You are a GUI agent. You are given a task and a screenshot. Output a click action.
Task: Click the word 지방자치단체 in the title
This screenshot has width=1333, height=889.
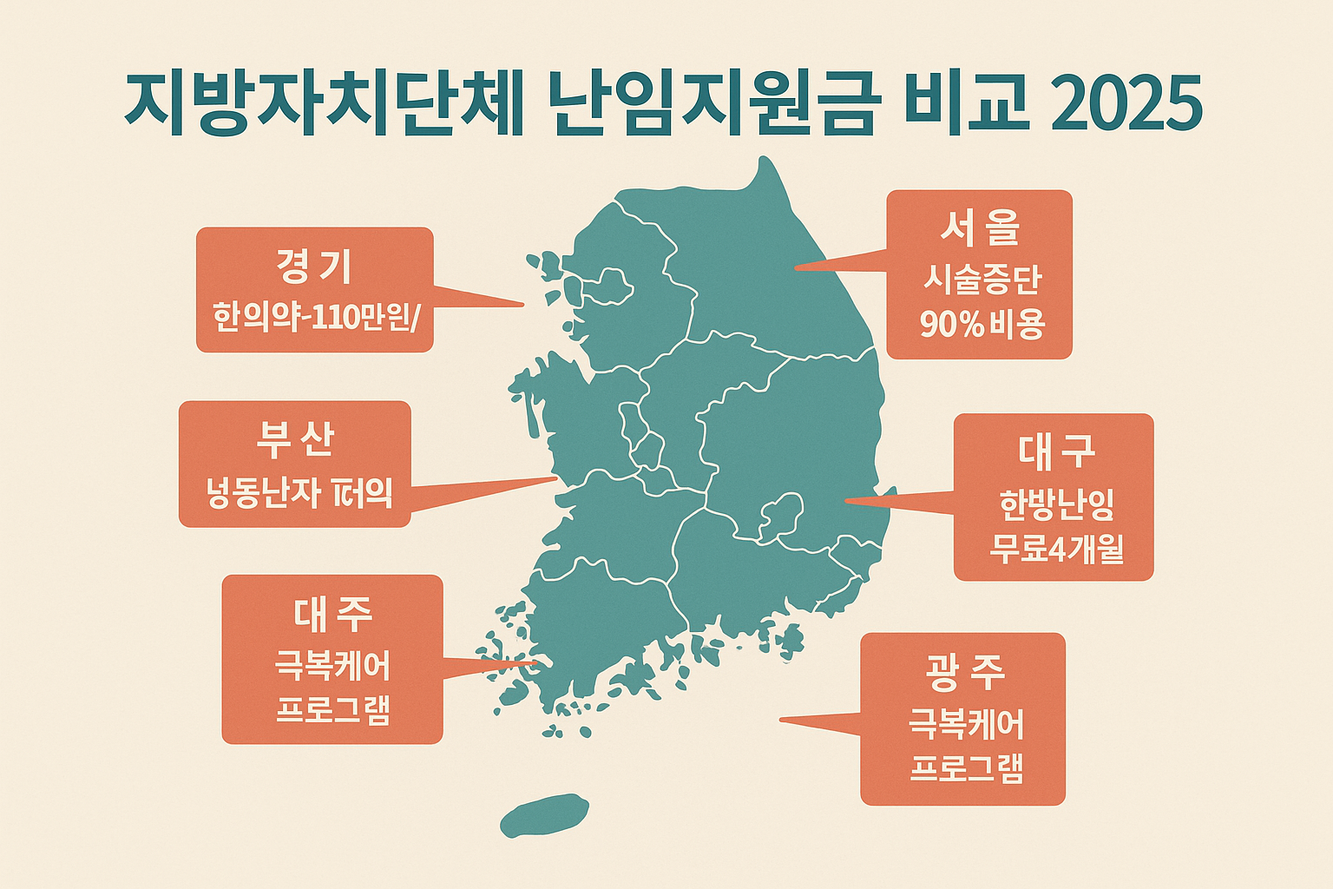(x=323, y=105)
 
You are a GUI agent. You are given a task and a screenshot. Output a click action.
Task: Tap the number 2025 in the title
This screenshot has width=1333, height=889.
(x=1126, y=105)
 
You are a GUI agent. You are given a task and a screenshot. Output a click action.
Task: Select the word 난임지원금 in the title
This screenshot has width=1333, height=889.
(x=713, y=105)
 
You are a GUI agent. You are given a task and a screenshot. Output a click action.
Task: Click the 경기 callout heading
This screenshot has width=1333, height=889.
(x=314, y=266)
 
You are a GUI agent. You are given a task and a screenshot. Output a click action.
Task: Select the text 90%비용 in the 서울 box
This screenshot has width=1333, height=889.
(x=982, y=325)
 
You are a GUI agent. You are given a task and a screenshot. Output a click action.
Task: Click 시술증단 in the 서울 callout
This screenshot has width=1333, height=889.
(x=982, y=280)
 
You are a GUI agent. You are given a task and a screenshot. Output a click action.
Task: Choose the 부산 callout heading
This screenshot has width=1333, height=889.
(x=295, y=439)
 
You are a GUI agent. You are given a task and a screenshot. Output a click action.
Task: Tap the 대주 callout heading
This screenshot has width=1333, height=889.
(x=332, y=614)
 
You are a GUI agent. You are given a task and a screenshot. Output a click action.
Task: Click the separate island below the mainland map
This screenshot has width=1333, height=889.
(x=545, y=814)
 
